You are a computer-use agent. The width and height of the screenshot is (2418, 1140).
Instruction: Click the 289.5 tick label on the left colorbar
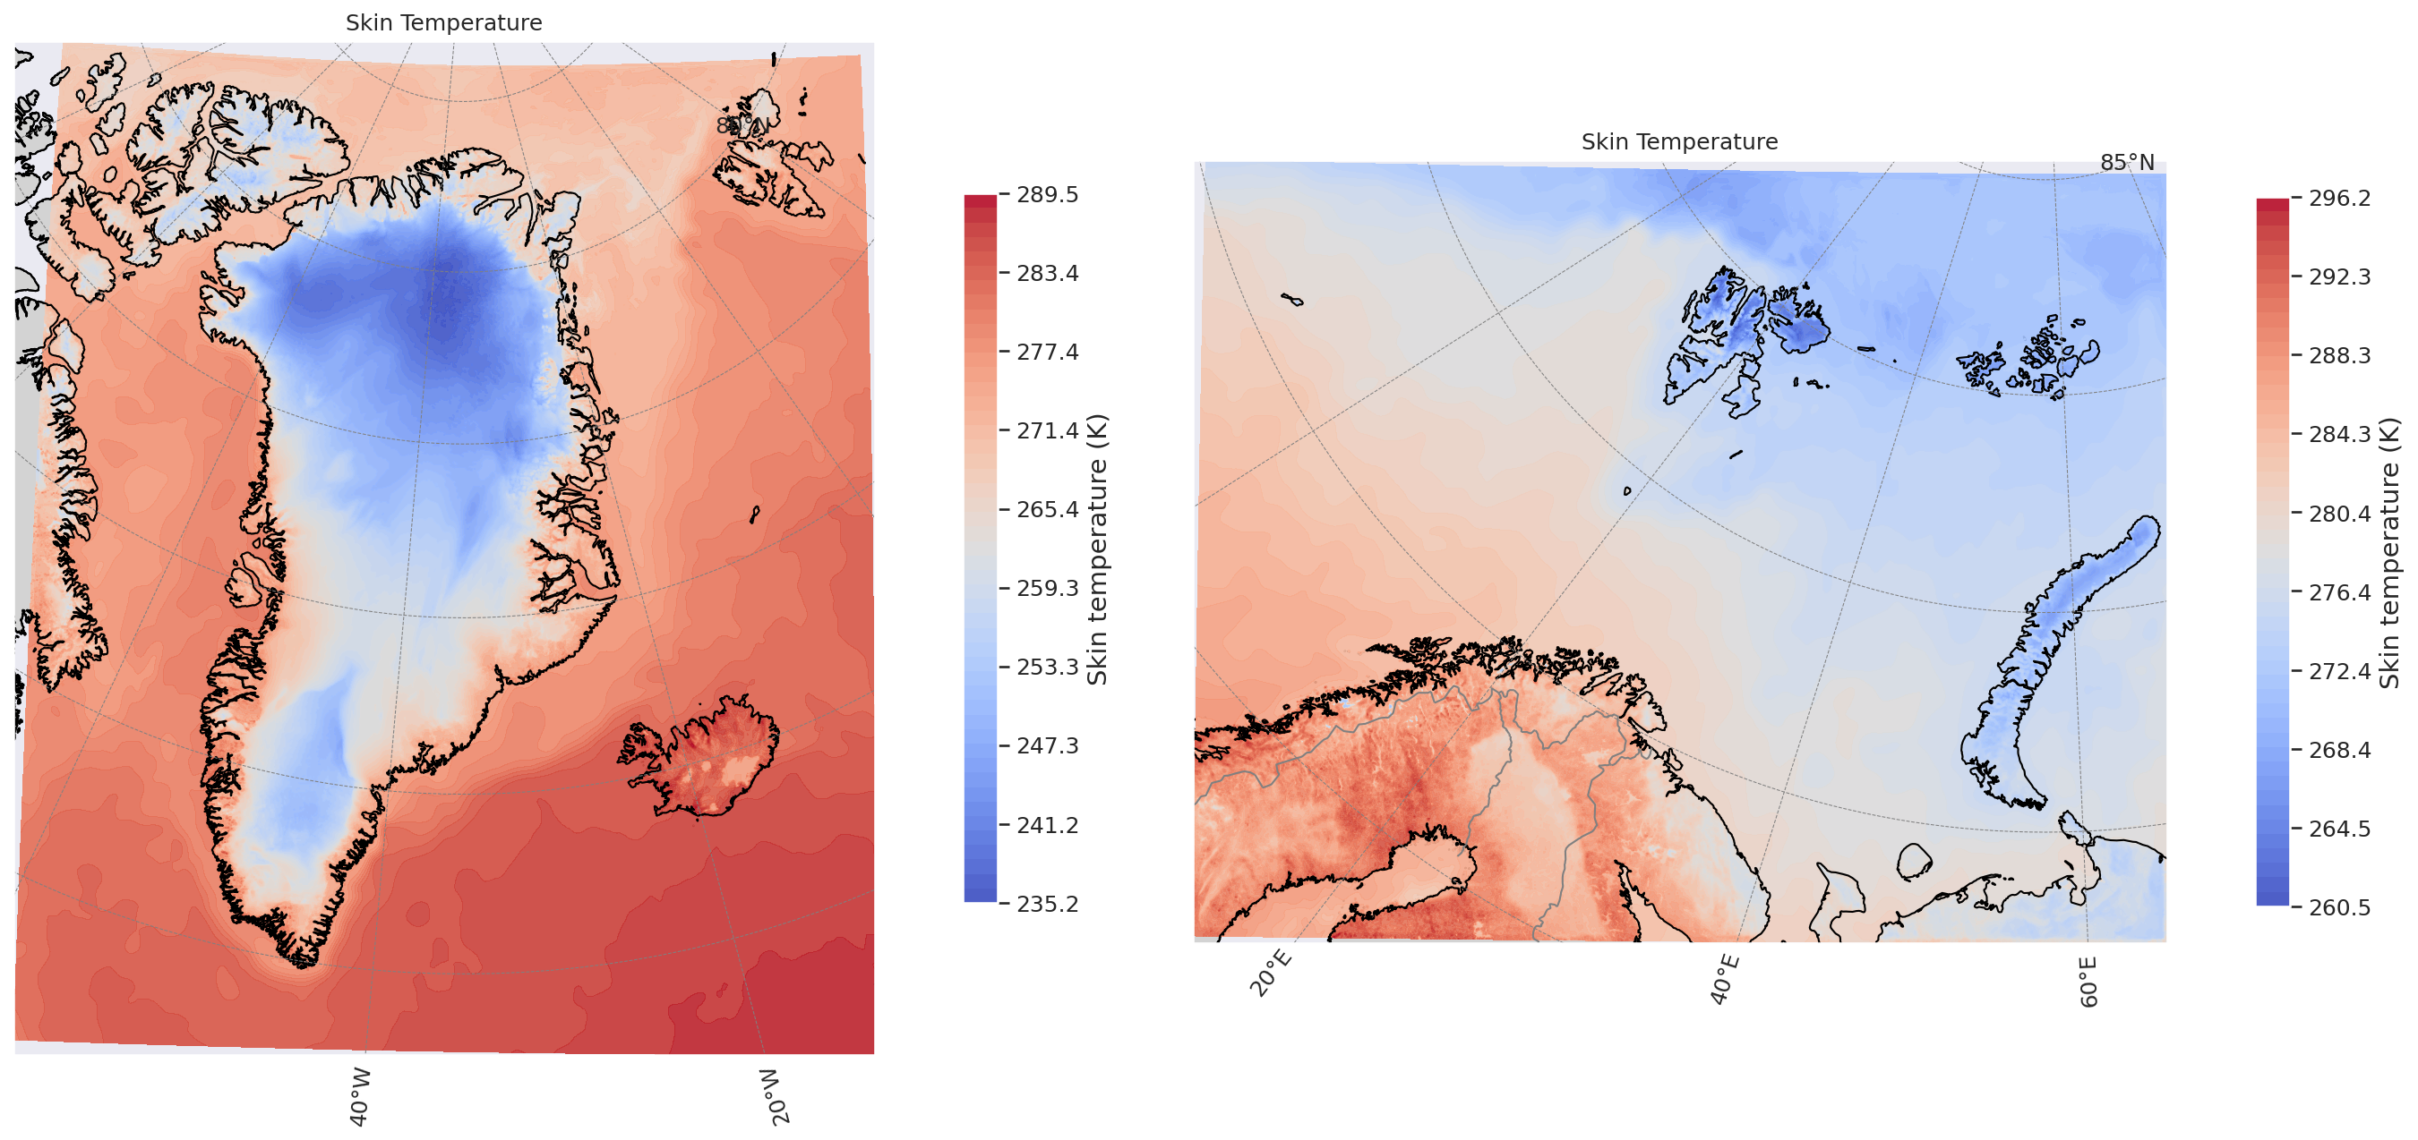click(x=1048, y=194)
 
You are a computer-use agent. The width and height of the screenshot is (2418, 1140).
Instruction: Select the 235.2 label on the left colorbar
click(x=1048, y=904)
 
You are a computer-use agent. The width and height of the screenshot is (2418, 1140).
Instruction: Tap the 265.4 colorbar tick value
click(x=1048, y=509)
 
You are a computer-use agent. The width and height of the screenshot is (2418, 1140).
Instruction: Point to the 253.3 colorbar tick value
click(x=1048, y=668)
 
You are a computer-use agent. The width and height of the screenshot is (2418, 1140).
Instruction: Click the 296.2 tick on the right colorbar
click(x=2339, y=198)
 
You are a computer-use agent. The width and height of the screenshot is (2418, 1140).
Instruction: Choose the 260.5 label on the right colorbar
click(x=2339, y=907)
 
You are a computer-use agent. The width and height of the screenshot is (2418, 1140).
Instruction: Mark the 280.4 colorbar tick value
click(x=2339, y=514)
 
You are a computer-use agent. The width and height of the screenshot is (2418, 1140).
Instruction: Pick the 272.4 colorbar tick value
click(x=2339, y=671)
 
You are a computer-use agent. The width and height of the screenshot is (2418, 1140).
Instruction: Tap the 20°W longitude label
click(x=775, y=1095)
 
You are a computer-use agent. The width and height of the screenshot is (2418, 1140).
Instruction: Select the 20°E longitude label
click(x=1271, y=973)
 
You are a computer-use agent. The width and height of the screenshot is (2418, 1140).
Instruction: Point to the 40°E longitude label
click(x=1724, y=980)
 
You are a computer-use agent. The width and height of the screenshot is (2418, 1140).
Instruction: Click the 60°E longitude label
click(x=2088, y=982)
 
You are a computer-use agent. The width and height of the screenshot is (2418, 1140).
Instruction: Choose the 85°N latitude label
click(x=2127, y=162)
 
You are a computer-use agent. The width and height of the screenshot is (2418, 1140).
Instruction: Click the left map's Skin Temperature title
click(x=444, y=22)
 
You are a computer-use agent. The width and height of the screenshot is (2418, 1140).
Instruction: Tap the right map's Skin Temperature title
click(x=1679, y=141)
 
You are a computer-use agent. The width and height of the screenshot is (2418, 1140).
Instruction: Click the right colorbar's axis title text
click(x=2390, y=553)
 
